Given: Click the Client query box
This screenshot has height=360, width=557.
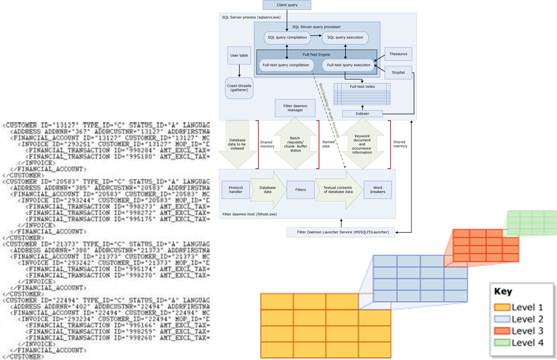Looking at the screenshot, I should [287, 5].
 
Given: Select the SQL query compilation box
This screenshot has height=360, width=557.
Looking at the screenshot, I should [287, 37].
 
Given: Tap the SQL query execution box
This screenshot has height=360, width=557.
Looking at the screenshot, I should [345, 37].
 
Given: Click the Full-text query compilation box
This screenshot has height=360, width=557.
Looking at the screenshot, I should [286, 65].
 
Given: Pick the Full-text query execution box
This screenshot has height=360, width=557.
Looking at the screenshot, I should [348, 65].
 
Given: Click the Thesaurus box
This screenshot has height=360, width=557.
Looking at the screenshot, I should [398, 54].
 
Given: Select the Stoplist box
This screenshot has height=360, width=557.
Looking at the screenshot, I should [398, 72].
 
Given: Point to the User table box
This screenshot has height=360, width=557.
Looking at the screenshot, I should [239, 56].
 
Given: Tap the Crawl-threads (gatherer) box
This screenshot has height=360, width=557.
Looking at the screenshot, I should [239, 88].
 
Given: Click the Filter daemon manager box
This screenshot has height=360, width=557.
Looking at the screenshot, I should [295, 108].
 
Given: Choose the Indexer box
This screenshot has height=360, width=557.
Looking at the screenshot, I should [362, 114].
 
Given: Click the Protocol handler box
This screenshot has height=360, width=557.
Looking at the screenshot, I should [236, 189].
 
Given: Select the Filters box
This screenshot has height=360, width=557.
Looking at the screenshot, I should [300, 190].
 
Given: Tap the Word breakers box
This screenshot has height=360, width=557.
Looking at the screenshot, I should [377, 190].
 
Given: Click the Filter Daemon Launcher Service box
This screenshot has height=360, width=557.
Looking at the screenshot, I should [343, 232].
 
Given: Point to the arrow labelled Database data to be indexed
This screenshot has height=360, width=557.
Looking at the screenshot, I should [237, 144].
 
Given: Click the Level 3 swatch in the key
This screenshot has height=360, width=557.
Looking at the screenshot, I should [502, 331].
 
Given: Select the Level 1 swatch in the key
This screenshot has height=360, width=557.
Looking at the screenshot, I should [502, 307].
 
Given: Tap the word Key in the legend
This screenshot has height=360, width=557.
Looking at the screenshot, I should [503, 291].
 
